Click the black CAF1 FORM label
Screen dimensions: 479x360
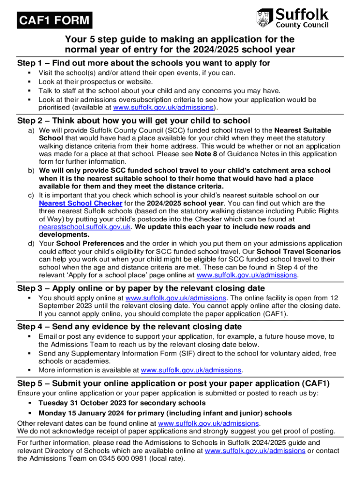pos(53,21)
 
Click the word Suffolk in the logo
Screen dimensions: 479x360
pos(302,14)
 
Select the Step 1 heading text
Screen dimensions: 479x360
pos(144,63)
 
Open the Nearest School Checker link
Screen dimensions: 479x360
pos(80,203)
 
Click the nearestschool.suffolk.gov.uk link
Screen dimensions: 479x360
pos(85,226)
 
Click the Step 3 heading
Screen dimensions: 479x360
pos(141,288)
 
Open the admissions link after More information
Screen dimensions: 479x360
pos(191,370)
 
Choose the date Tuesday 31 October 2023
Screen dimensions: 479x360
pos(84,403)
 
